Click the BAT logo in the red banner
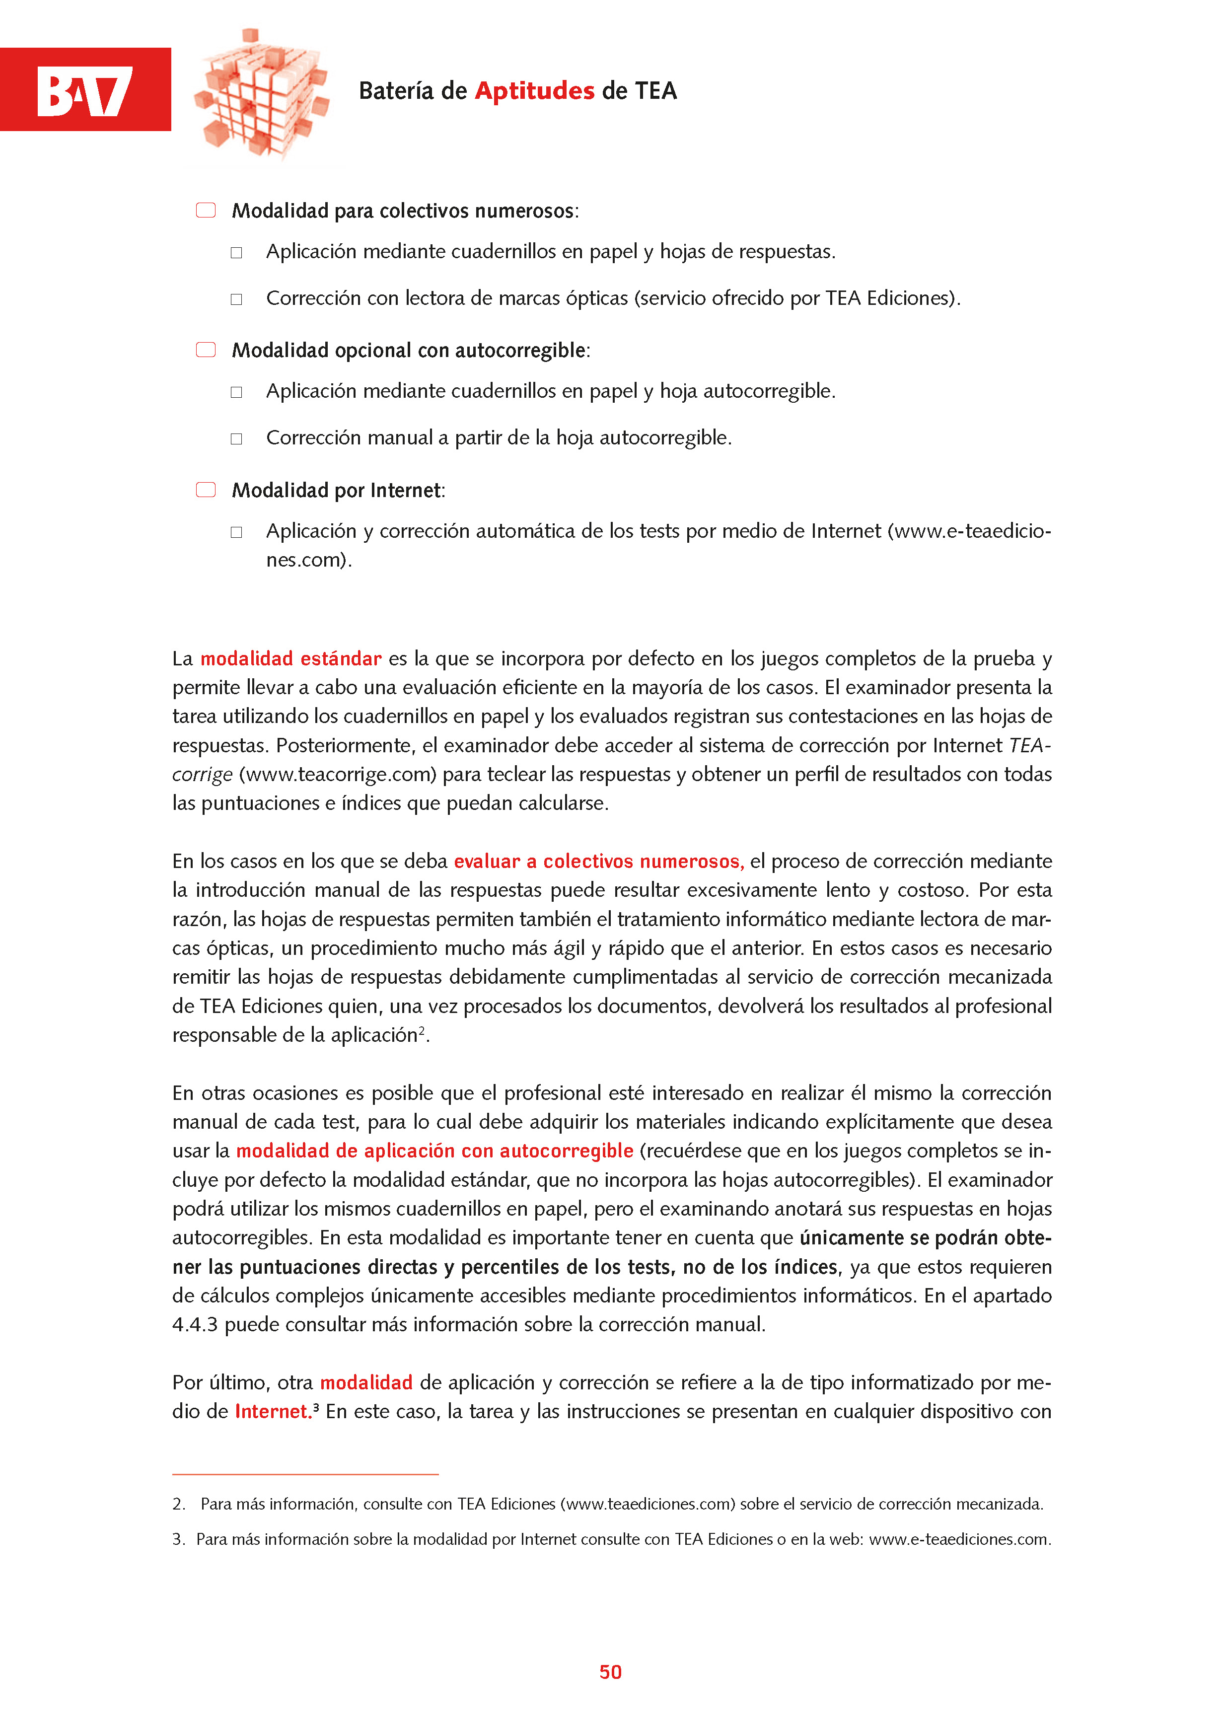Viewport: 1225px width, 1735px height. pos(84,91)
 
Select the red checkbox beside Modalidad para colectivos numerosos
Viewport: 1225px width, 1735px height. pos(206,210)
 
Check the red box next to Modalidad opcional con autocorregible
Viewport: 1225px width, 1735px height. pos(206,350)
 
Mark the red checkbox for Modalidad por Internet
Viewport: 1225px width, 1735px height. pos(206,490)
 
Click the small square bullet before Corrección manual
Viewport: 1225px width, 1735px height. pos(236,439)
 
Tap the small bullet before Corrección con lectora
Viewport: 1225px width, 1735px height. pos(236,299)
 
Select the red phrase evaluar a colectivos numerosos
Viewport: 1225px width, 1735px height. pos(598,862)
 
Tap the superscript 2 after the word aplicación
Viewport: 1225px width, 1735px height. pos(422,1030)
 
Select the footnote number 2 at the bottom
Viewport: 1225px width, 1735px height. pos(178,1504)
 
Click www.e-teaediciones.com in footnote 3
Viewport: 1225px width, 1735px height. pos(958,1539)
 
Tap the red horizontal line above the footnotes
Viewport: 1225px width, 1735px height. pos(305,1474)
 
